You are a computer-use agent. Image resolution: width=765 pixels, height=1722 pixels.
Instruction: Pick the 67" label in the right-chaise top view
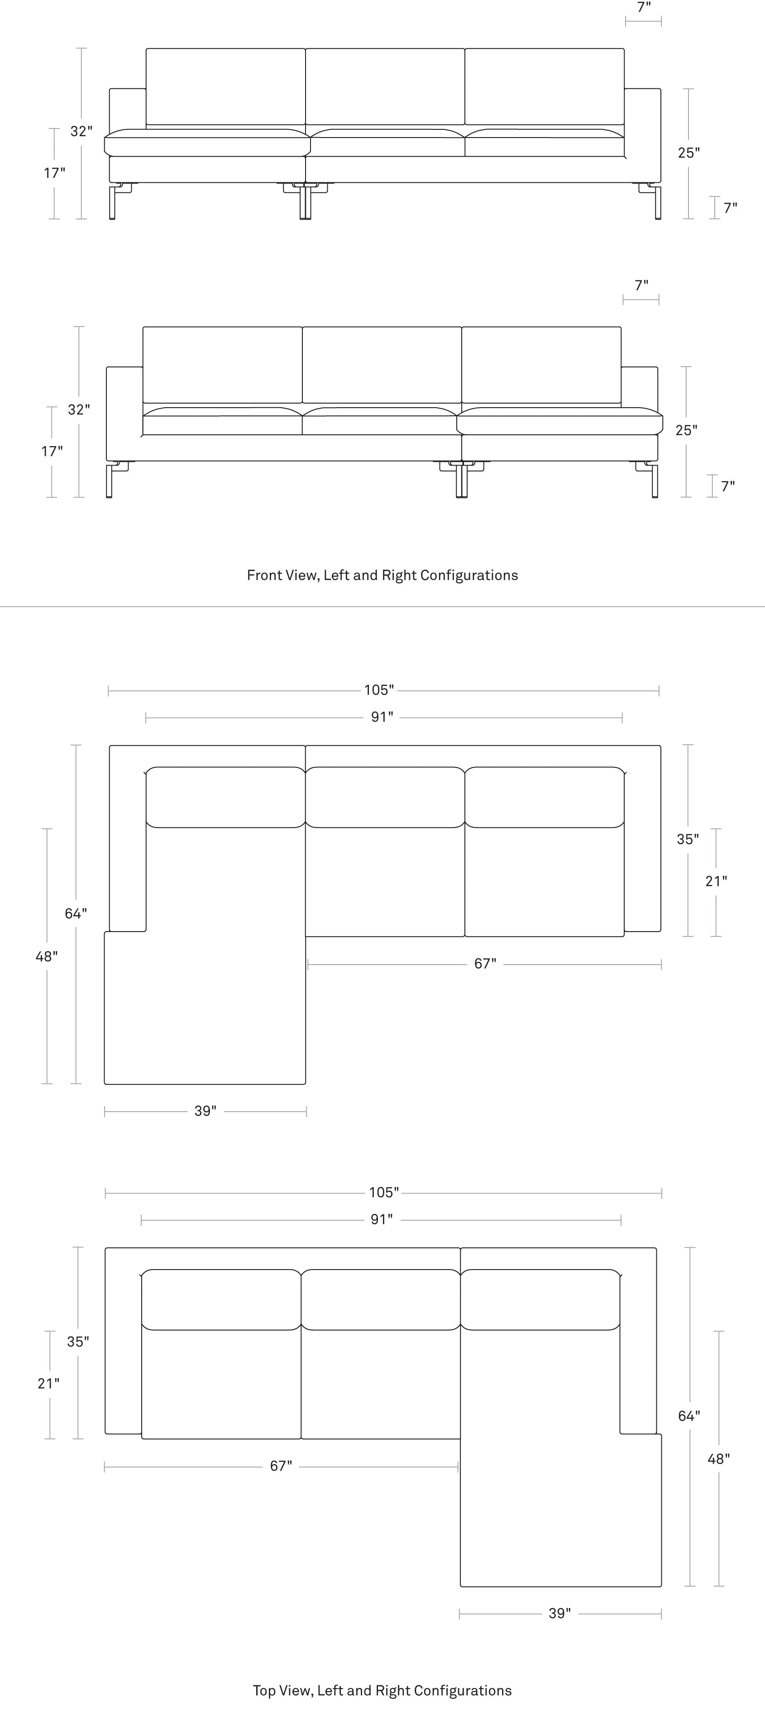click(281, 1465)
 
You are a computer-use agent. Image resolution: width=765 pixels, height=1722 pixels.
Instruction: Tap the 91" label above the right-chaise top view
click(382, 1219)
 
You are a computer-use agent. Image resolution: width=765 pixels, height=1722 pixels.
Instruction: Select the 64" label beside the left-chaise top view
click(76, 913)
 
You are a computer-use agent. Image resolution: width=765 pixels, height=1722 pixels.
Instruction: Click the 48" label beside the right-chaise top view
click(719, 1459)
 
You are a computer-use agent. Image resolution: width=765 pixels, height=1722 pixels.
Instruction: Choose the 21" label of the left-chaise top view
click(716, 881)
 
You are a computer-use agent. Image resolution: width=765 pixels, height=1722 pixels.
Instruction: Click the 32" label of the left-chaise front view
click(81, 131)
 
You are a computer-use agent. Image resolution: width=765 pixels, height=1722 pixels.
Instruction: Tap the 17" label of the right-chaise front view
click(52, 451)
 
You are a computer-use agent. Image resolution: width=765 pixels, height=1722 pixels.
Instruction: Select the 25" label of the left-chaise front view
click(689, 152)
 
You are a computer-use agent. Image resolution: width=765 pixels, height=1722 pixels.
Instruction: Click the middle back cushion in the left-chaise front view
click(385, 86)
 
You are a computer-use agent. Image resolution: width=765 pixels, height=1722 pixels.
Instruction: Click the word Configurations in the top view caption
click(463, 1691)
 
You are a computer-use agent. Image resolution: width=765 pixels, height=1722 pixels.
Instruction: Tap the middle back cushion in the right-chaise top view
click(381, 1299)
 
